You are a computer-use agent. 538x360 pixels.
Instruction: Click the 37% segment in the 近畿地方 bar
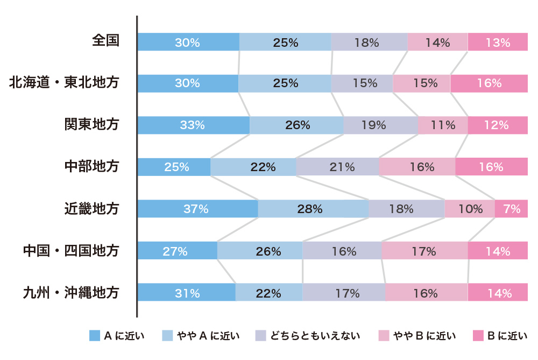pos(197,209)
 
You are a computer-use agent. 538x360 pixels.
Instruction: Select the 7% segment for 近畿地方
pos(511,209)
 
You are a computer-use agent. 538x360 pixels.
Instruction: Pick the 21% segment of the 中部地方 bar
pos(337,167)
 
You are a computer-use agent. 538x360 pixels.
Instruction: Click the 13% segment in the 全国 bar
pos(498,42)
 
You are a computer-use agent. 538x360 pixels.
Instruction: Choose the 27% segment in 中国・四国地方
pos(177,251)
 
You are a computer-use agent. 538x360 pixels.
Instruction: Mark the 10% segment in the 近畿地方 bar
pos(470,209)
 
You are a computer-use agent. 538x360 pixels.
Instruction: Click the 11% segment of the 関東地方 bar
pos(443,125)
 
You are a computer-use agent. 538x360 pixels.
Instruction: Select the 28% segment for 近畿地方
pos(313,209)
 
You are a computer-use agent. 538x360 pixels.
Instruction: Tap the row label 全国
pos(105,41)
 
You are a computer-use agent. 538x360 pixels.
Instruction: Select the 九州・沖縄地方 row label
pos(70,292)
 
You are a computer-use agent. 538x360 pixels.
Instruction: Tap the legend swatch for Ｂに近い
pos(478,336)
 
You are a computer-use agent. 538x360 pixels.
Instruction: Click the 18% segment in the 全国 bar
pos(369,42)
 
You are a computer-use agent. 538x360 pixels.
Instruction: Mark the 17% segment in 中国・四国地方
pos(424,251)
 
